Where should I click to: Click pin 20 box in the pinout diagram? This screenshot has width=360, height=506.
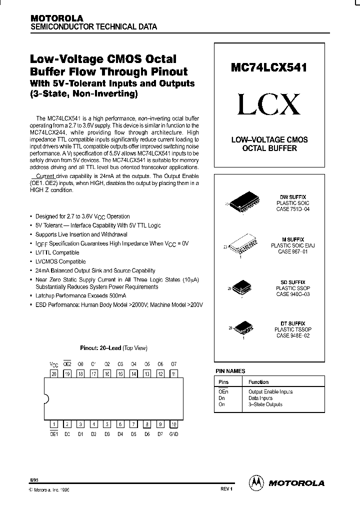click(x=54, y=373)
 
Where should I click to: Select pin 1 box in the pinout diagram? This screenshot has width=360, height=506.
click(x=54, y=424)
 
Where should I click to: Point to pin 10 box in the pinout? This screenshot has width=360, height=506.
click(x=173, y=424)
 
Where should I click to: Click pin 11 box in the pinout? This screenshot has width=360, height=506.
click(x=173, y=373)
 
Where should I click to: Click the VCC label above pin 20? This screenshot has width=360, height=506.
click(x=54, y=364)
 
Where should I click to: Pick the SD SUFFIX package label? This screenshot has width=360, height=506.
click(x=293, y=282)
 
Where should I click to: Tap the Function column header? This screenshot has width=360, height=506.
click(x=258, y=382)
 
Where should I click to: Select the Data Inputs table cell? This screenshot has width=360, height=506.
click(x=260, y=398)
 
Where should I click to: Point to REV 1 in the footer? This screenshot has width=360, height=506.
click(x=226, y=488)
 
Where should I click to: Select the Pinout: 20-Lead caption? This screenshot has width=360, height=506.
click(x=113, y=348)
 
